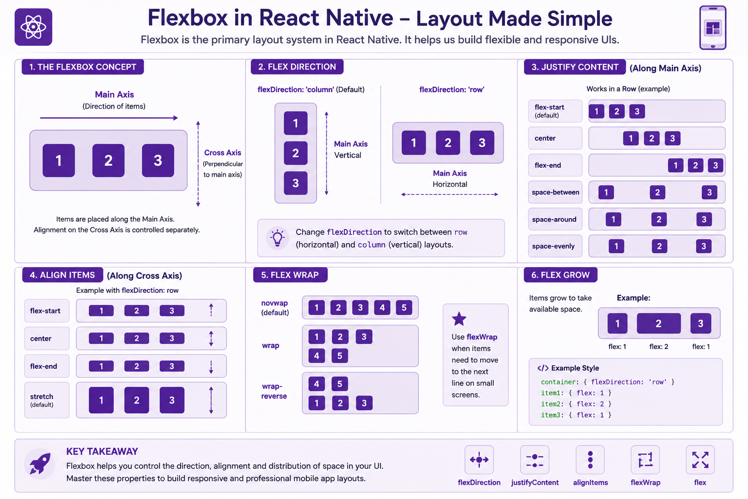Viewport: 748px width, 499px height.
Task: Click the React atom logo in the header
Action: (34, 27)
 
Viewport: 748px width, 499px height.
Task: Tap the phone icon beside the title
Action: (712, 27)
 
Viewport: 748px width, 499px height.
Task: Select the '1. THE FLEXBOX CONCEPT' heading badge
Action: (83, 67)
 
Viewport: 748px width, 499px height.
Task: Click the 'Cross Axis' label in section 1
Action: (223, 153)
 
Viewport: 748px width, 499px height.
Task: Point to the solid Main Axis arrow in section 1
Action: (109, 117)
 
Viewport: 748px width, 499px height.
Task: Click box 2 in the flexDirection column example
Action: (296, 153)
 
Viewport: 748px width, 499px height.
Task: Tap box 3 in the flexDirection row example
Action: (482, 143)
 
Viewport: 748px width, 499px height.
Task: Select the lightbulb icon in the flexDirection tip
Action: (278, 238)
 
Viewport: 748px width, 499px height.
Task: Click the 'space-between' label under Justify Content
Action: (555, 192)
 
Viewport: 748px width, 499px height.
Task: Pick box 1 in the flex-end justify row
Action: (675, 165)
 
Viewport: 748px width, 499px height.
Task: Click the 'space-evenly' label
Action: (553, 246)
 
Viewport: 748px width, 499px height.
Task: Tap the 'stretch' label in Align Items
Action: (41, 396)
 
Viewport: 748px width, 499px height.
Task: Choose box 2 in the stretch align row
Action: (136, 400)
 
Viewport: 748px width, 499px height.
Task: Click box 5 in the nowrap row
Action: (404, 307)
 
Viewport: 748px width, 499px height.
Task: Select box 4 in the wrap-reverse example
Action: (317, 384)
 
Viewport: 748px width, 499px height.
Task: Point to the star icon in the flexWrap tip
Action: (459, 319)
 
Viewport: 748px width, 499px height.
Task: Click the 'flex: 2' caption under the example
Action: (658, 346)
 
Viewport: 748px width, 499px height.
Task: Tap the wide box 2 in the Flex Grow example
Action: (658, 323)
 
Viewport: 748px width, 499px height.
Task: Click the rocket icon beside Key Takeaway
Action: (40, 463)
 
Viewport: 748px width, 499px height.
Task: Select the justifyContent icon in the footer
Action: (535, 460)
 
